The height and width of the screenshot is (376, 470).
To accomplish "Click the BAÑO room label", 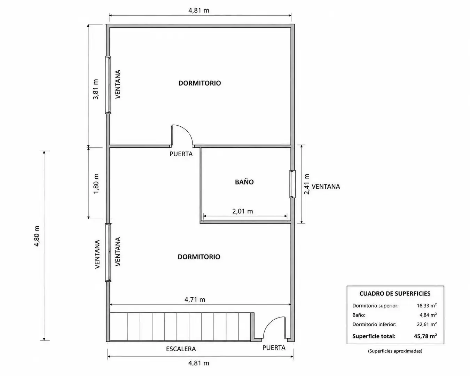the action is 244,182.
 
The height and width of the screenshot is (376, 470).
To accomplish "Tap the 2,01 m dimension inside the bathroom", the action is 242,211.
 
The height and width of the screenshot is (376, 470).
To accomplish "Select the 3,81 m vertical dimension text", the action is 96,89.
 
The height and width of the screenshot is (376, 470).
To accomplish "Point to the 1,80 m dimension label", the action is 96,183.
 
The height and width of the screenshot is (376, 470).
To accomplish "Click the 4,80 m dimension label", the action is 37,236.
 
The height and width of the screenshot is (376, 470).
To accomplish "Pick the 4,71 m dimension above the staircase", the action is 195,299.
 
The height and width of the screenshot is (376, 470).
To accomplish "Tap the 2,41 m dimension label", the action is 307,184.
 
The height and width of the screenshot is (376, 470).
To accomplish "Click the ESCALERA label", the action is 181,349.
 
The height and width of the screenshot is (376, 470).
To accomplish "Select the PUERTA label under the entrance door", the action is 274,347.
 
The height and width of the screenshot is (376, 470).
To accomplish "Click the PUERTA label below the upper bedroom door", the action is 181,154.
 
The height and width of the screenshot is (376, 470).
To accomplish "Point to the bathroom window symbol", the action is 292,184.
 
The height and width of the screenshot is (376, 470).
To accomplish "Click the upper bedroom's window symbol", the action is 108,85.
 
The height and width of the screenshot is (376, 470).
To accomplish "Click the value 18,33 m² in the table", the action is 427,305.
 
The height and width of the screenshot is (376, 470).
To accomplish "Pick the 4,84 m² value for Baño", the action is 428,315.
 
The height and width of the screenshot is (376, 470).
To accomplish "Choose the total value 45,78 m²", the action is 425,336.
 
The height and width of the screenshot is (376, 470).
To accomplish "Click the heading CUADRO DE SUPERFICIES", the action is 395,293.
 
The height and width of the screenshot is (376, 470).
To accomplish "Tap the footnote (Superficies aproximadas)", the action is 395,351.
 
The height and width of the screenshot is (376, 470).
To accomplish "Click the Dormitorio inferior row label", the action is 374,324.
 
